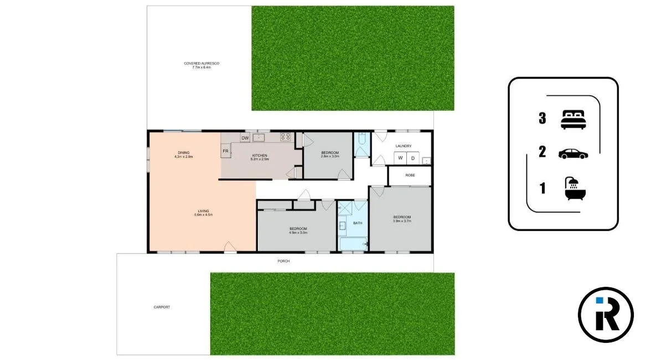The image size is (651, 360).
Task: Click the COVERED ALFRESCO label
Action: click(x=201, y=64)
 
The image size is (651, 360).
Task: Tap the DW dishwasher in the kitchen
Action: click(x=245, y=138)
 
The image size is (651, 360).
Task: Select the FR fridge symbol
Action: click(x=226, y=151)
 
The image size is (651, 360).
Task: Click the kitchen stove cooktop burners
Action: click(x=286, y=137)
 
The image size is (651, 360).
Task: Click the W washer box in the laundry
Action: click(x=399, y=158)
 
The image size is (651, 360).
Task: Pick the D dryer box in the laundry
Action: click(x=412, y=158)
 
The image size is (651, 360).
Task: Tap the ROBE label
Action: click(x=410, y=175)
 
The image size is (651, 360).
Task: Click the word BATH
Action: click(x=358, y=223)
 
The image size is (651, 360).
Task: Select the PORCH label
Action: click(x=283, y=261)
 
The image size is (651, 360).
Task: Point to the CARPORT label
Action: click(x=162, y=307)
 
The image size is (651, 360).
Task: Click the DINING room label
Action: click(x=184, y=153)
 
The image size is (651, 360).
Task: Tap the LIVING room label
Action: click(x=203, y=210)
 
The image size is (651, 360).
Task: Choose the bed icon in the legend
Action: click(x=573, y=119)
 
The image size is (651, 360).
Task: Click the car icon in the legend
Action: click(x=573, y=153)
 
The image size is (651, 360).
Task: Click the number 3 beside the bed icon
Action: click(x=542, y=118)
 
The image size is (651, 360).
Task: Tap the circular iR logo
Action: click(x=606, y=315)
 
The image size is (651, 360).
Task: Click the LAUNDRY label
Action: click(x=403, y=146)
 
